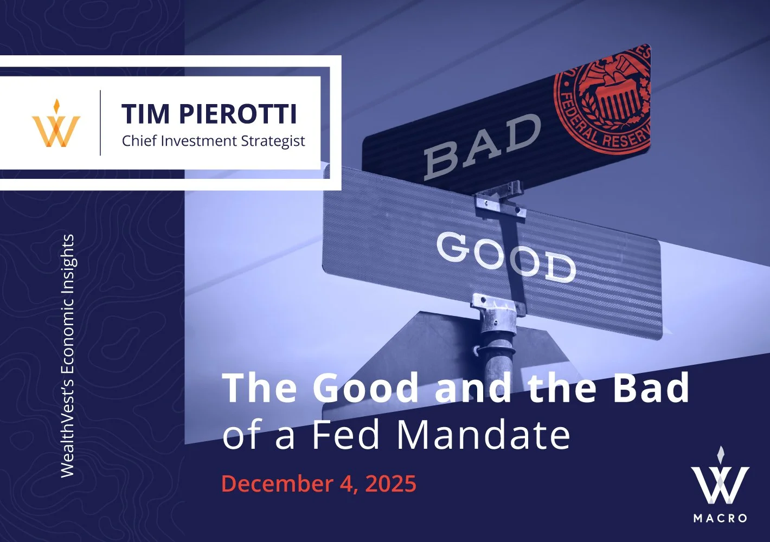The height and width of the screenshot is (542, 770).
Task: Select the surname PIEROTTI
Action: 238,114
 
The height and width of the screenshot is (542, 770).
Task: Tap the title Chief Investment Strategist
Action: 213,141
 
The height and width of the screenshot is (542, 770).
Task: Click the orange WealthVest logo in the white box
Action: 56,125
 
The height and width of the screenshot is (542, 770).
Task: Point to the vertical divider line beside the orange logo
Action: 100,123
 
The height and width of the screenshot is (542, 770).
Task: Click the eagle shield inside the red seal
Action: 615,98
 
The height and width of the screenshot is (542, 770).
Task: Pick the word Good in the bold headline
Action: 366,388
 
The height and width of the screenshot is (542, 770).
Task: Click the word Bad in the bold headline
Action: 651,388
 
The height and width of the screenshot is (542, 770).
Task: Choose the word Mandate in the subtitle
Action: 484,435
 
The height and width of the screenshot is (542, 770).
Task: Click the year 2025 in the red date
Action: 390,483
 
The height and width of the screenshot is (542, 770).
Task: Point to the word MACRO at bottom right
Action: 720,518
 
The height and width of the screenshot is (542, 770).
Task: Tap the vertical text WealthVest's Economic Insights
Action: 67,356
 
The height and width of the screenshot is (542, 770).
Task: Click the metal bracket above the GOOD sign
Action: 499,203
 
